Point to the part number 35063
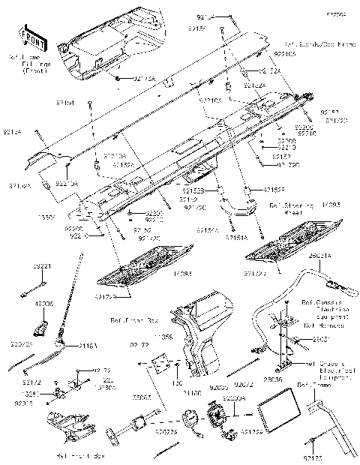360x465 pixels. [x=143, y=396]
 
